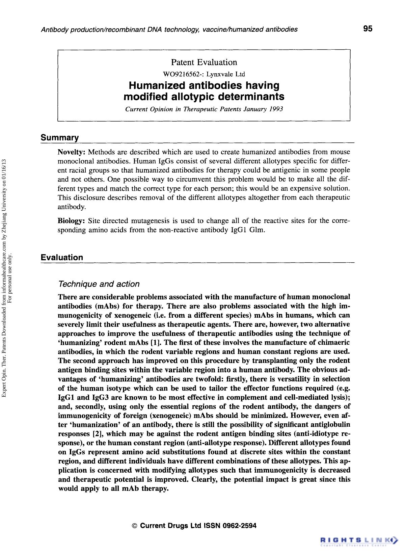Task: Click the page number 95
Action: (x=368, y=29)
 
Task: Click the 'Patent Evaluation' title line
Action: (x=204, y=62)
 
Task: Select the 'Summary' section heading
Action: (x=60, y=138)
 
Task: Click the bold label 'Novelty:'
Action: (x=71, y=152)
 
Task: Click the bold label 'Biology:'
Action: (x=71, y=221)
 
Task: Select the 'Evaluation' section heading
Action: (x=62, y=258)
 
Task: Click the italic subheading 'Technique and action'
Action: (x=99, y=284)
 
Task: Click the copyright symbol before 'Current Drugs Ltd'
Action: (x=135, y=526)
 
